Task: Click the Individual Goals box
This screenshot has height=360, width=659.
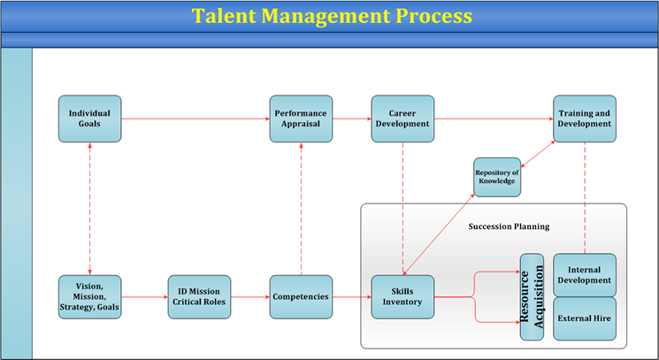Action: point(90,119)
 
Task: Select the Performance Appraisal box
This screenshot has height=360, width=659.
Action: point(301,119)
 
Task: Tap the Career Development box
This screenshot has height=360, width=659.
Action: point(402,119)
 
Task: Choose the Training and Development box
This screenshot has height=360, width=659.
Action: point(585,119)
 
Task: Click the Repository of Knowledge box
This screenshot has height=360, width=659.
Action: point(497,177)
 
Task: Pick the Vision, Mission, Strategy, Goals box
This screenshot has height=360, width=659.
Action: point(90,297)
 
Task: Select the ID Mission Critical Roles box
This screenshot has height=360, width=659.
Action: point(199,297)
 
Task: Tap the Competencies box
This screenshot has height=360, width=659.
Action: point(301,297)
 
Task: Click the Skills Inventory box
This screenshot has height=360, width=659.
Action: point(402,297)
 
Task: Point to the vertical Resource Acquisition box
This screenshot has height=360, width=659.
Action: point(532,296)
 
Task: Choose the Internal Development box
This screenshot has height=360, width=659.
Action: point(585,275)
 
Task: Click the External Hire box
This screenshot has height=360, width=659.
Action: point(585,318)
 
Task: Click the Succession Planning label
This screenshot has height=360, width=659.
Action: point(509,226)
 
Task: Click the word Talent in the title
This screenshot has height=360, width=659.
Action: point(224,16)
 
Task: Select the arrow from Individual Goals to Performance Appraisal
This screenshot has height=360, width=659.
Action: point(195,119)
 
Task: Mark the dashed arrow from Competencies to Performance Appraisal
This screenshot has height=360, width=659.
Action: point(301,209)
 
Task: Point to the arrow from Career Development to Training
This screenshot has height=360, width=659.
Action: point(494,119)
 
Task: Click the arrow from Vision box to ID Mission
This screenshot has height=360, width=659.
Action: point(144,297)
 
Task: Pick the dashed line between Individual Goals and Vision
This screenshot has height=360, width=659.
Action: point(90,209)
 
